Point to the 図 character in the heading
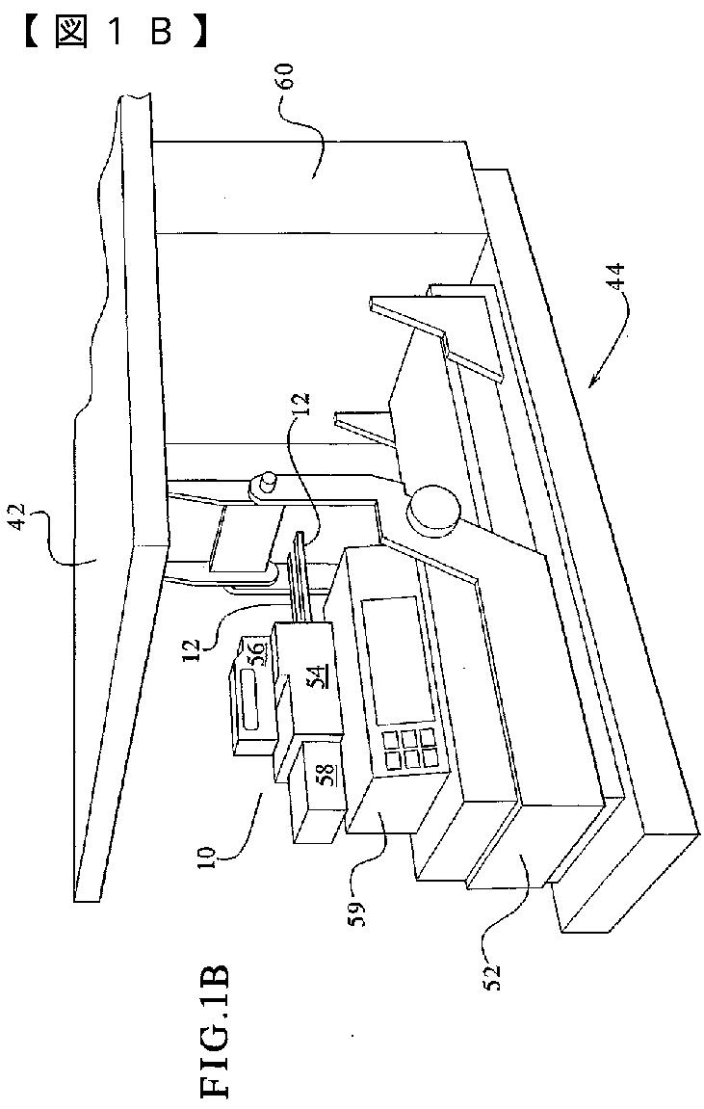[x=72, y=33]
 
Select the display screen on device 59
[x=389, y=659]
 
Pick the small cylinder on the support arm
[x=263, y=482]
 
